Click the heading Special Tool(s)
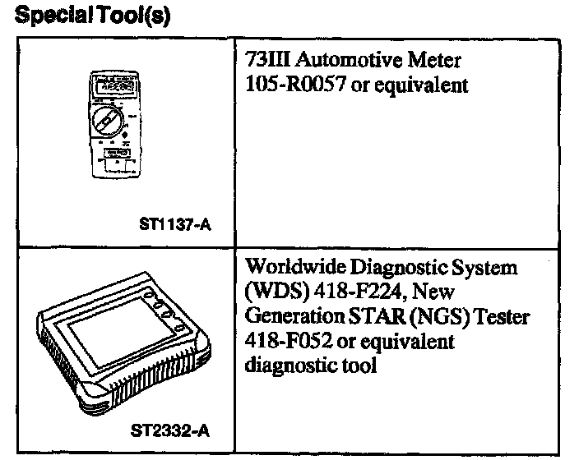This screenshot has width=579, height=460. (93, 16)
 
